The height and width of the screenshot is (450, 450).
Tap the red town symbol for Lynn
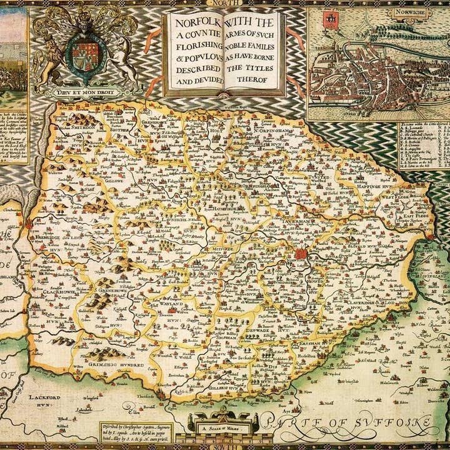(29, 223)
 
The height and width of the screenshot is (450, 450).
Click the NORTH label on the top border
(225, 3)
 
